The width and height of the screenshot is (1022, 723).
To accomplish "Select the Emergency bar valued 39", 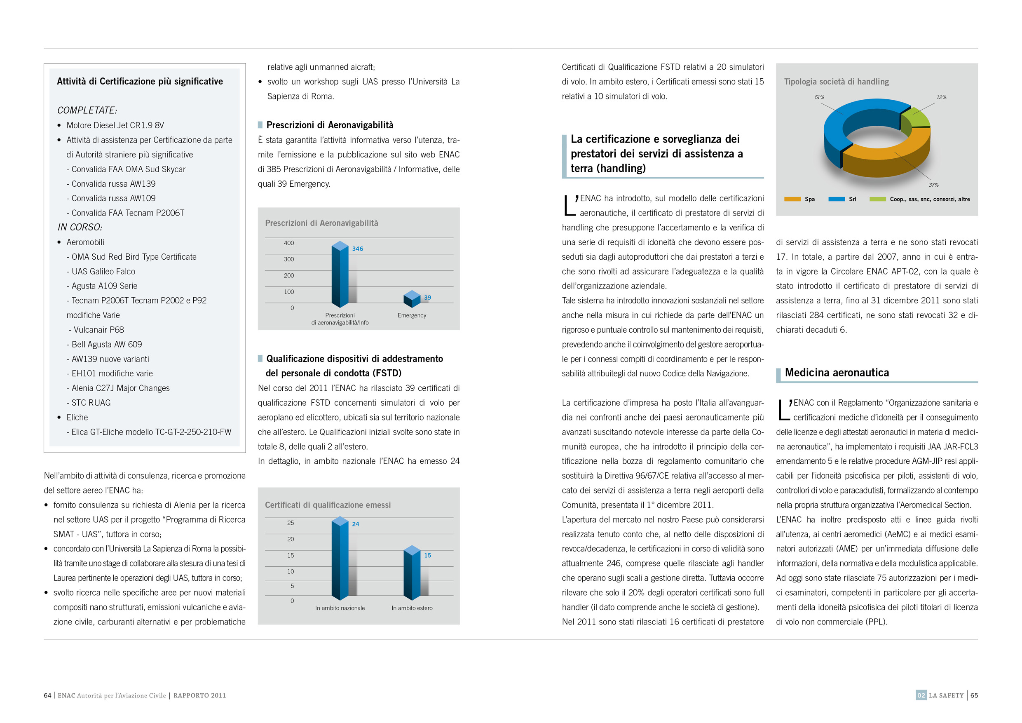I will [x=412, y=299].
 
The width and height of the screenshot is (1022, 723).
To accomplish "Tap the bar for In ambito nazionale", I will [x=340, y=559].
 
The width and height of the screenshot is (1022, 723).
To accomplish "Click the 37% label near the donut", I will [x=933, y=185].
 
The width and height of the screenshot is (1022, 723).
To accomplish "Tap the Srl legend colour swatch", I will [x=837, y=199].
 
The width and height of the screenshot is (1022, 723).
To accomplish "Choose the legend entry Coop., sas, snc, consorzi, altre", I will [x=929, y=199].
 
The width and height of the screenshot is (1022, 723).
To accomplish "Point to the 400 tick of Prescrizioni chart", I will [x=289, y=243].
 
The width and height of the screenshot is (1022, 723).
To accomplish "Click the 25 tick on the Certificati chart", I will [x=290, y=523].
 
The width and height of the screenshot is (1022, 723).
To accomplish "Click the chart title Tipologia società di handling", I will [x=836, y=82].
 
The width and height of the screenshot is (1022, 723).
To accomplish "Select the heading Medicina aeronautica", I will [x=837, y=373].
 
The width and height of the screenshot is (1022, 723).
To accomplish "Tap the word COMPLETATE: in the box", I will [x=87, y=110].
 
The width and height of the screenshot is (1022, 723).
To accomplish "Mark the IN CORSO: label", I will [x=80, y=227].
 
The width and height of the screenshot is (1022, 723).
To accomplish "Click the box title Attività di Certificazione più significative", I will [x=140, y=82].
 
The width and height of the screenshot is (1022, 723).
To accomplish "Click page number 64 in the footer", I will [x=47, y=695].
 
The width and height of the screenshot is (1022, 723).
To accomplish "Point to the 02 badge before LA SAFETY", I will [x=921, y=695].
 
